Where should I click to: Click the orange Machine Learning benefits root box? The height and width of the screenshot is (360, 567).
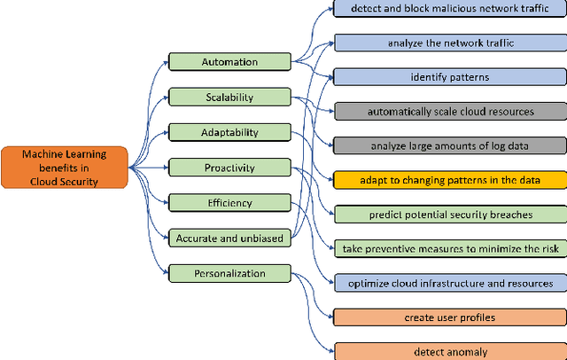66,168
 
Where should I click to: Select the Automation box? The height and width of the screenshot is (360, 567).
229,62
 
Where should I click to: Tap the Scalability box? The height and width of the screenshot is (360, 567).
229,98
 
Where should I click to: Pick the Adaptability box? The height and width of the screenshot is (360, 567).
229,132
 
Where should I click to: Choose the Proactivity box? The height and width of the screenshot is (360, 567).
229,168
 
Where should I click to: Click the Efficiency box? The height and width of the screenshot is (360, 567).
229,202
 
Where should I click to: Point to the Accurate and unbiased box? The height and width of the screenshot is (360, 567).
229,237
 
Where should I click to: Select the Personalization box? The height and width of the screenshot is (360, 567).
229,273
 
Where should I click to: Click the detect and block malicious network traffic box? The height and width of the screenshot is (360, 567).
449,8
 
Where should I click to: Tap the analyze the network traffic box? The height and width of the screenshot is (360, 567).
449,43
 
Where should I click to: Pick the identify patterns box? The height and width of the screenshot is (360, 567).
449,77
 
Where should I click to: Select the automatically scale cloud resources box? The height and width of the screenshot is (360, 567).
449,112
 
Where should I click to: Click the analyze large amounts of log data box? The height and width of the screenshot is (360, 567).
449,145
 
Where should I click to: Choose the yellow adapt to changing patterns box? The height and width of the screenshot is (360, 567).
449,180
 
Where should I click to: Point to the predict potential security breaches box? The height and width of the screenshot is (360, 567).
449,215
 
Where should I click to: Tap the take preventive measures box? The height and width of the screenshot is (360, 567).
449,248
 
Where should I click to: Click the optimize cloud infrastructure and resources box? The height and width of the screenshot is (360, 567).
449,283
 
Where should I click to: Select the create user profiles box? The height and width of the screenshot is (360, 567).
449,317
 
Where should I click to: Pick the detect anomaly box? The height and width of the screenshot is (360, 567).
449,352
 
